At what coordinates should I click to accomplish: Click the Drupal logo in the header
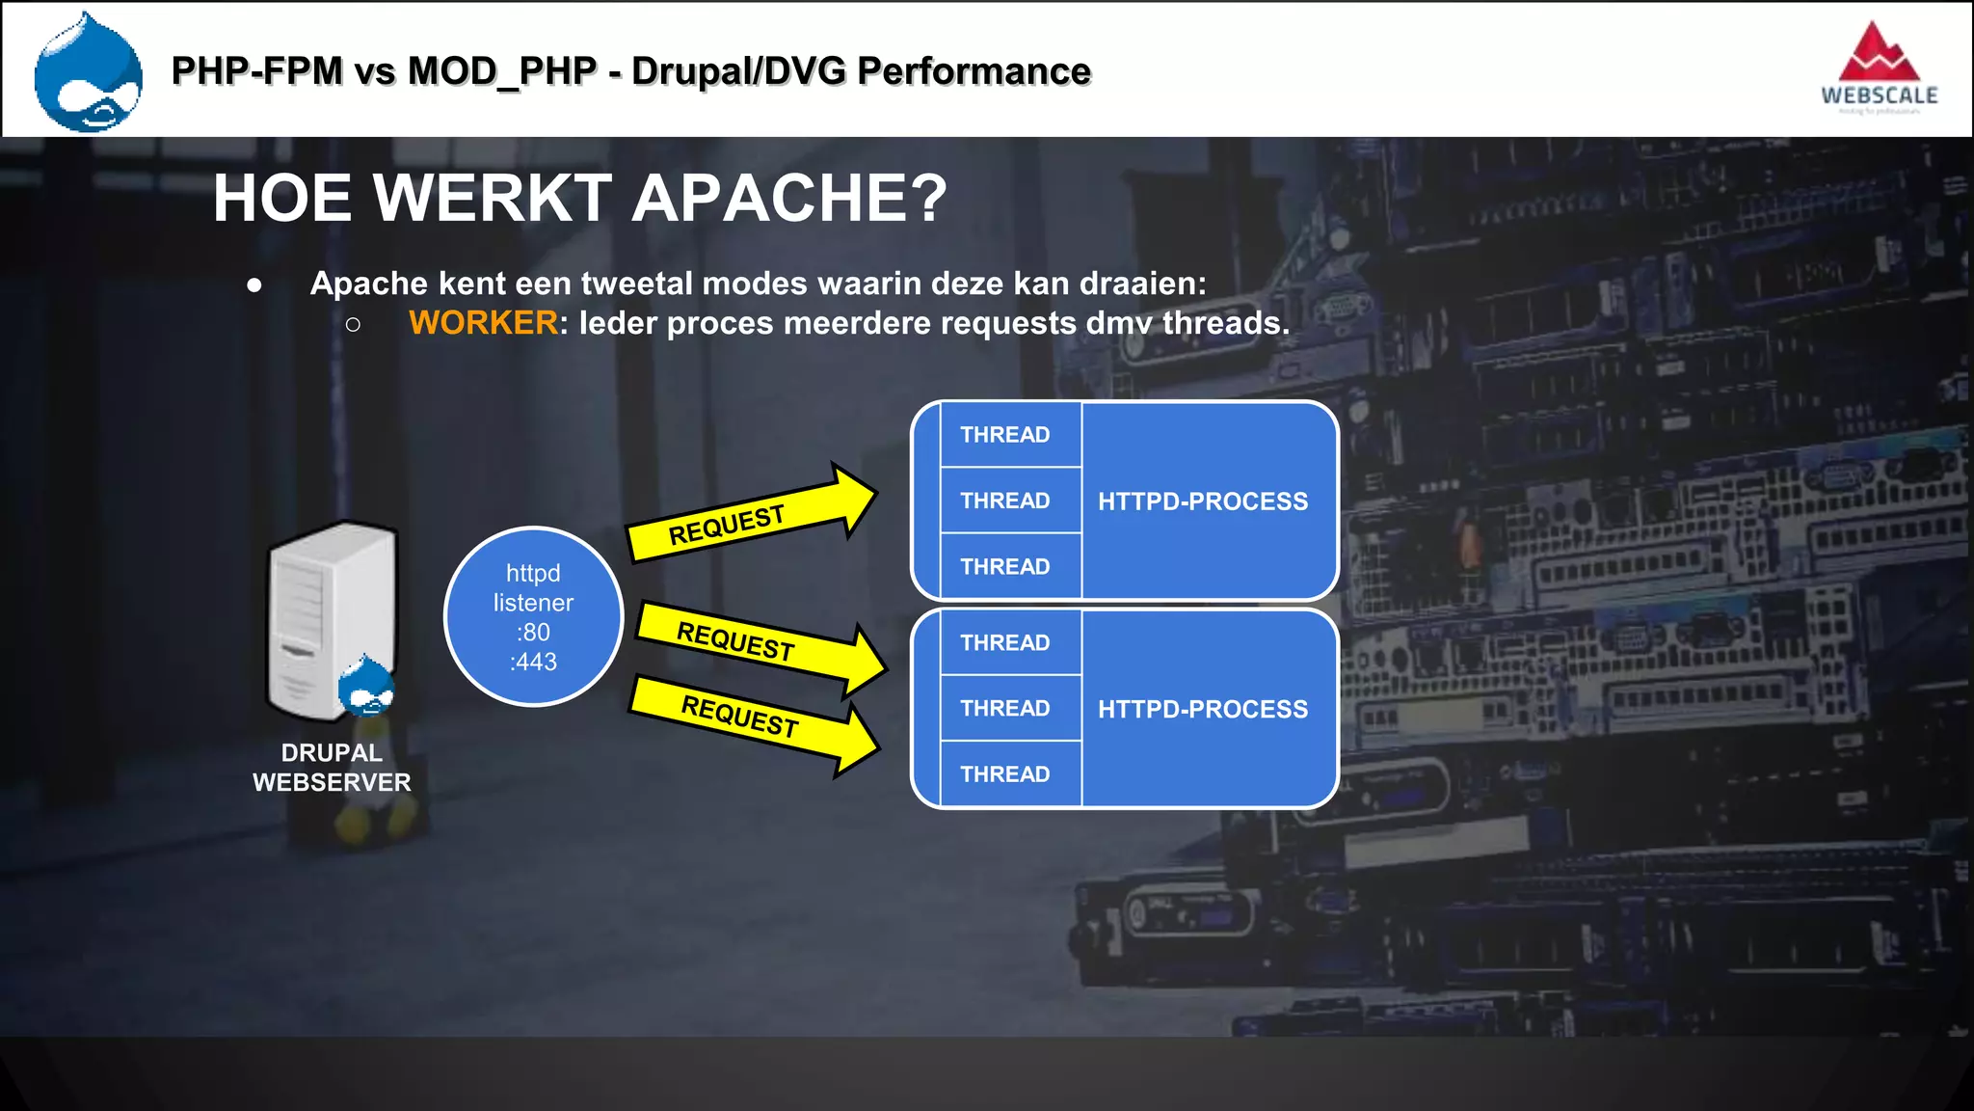(88, 72)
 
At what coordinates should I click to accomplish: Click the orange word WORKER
(483, 323)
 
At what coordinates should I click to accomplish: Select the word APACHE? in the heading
(790, 199)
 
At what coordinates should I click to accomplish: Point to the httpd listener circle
(533, 616)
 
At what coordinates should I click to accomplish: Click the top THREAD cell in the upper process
(1005, 435)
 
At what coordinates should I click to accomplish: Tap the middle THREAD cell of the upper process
(1005, 501)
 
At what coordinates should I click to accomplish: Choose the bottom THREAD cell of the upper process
(1005, 566)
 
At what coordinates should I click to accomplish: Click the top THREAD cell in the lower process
(1005, 642)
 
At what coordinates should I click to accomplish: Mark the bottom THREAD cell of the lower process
(1005, 773)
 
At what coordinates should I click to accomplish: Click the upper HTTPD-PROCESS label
(1203, 501)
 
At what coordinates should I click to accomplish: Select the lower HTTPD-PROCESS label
(1203, 709)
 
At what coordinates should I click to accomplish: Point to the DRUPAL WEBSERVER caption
(332, 768)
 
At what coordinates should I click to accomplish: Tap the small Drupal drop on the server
(366, 686)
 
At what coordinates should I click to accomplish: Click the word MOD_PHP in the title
(502, 71)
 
